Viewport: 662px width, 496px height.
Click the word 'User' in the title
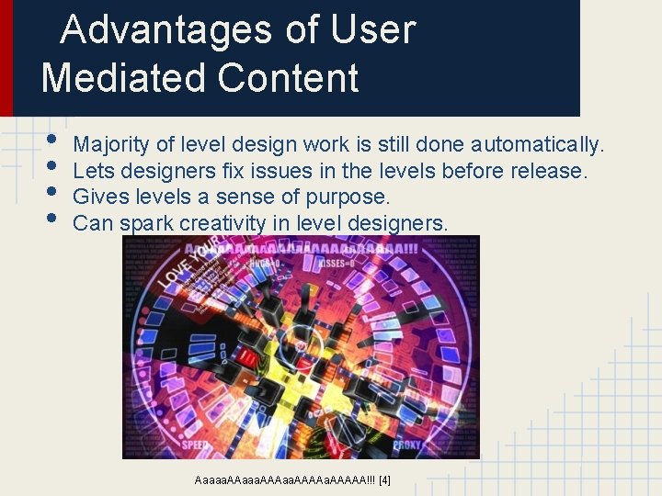[372, 30]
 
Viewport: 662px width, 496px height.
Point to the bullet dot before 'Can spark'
[52, 220]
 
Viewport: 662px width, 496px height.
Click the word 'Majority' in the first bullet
[108, 144]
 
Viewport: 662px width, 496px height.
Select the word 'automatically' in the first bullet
[537, 144]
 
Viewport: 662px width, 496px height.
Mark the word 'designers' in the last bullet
[401, 223]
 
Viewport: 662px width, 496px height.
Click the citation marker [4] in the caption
[384, 479]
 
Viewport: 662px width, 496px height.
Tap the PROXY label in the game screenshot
[408, 445]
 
